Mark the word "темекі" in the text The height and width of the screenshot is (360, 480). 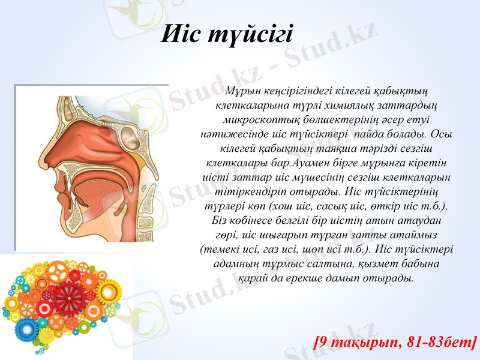pyautogui.click(x=218, y=250)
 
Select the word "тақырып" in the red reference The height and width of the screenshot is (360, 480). pyautogui.click(x=367, y=343)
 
